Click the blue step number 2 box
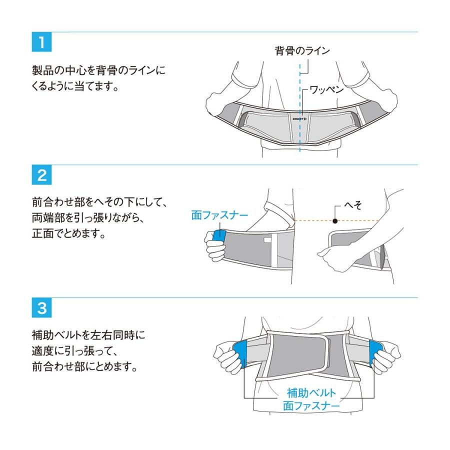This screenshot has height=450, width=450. pos(41,176)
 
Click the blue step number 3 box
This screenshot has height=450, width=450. pos(41,308)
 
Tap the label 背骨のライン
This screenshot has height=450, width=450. pos(302,50)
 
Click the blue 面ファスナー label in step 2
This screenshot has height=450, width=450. pos(220,215)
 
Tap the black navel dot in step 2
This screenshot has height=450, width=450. pos(334,220)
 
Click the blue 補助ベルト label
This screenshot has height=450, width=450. pos(311,392)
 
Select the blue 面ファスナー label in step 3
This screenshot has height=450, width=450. pos(311,405)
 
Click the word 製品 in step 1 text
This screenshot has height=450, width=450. pos(40,70)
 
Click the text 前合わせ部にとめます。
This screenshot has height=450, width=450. pos(81,366)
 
